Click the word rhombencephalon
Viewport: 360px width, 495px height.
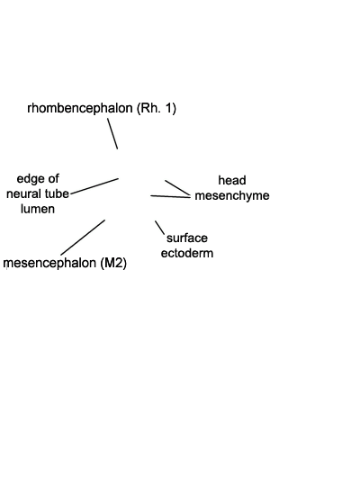coord(80,108)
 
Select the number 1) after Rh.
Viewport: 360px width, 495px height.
coord(170,108)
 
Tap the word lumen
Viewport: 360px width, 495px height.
coord(38,209)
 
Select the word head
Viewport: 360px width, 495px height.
coord(232,180)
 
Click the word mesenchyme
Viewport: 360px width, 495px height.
coord(232,195)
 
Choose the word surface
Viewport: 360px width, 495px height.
coord(187,238)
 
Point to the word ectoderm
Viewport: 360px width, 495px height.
coord(187,253)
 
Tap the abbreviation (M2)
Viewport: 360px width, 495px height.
coord(113,263)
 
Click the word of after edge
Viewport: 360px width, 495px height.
coord(53,179)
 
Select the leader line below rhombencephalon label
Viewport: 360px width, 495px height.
coord(112,133)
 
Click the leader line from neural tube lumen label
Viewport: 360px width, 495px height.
coord(94,186)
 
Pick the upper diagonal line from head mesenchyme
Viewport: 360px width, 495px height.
coord(178,188)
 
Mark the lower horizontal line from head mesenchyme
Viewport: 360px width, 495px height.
coord(170,197)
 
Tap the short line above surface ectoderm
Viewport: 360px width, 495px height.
coord(160,228)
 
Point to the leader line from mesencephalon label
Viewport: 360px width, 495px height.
coord(83,238)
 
